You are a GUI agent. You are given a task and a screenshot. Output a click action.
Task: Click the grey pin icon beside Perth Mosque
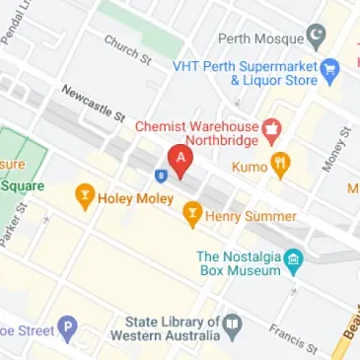[316, 40]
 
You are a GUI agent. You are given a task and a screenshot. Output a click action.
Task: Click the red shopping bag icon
[272, 129]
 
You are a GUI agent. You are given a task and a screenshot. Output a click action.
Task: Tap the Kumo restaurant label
[250, 167]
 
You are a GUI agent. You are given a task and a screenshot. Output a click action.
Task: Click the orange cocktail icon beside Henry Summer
[193, 213]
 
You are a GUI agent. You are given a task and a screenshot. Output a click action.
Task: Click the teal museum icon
[293, 260]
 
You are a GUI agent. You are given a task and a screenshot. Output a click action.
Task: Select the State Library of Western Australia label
[172, 329]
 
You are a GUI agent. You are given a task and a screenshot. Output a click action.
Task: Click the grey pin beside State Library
[232, 324]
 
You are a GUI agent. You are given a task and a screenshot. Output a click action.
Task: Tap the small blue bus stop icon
[160, 176]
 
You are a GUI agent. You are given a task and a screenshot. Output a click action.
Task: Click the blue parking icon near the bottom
[66, 326]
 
